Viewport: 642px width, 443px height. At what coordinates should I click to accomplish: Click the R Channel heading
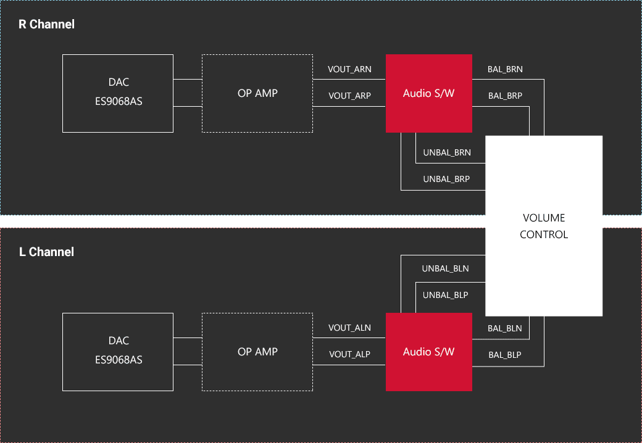pos(47,25)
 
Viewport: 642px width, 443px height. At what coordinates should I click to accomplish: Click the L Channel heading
pos(47,252)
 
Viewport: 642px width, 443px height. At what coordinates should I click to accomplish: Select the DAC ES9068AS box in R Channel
pos(118,93)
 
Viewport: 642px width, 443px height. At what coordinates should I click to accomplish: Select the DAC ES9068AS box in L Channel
pos(118,352)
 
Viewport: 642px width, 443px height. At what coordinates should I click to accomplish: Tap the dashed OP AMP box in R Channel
pos(257,93)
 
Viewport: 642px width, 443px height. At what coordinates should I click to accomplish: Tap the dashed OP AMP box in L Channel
pos(257,352)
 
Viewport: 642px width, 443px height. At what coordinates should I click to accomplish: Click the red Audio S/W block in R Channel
pos(428,93)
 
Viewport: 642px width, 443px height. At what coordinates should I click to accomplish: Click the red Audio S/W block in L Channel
pos(428,352)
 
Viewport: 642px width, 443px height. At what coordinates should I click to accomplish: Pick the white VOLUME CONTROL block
pos(543,226)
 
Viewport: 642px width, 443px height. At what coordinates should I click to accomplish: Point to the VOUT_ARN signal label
pos(350,69)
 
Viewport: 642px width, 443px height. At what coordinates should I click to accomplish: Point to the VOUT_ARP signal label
pos(350,96)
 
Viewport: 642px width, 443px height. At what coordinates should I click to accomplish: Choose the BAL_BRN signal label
pos(505,69)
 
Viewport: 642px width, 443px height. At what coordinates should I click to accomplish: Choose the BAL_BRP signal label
pos(505,96)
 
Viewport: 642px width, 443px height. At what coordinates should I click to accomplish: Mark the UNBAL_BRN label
pos(447,152)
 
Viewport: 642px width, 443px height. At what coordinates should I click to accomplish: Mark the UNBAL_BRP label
pos(446,179)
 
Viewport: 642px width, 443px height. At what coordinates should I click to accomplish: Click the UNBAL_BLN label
pos(445,268)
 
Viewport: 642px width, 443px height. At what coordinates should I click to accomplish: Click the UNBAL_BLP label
pos(445,295)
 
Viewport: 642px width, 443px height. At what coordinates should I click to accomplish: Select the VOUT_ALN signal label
pos(349,328)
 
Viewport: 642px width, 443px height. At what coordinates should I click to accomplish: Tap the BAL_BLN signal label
pos(504,328)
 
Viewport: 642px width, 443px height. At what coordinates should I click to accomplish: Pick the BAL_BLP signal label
pos(504,355)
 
